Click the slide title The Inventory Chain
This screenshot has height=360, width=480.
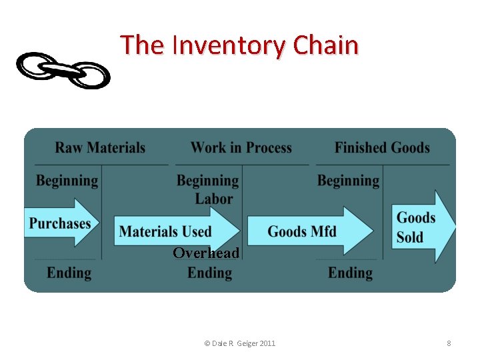(239, 45)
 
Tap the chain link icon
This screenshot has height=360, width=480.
(63, 71)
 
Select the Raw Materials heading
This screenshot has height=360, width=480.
(100, 148)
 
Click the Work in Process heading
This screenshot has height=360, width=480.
(241, 148)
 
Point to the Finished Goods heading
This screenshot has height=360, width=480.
(382, 148)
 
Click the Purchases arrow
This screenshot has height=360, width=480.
(61, 223)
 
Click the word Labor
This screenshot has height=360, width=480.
(214, 199)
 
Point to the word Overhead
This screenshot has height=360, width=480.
(206, 253)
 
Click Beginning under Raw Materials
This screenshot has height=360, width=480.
(67, 181)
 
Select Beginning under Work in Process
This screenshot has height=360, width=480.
(207, 181)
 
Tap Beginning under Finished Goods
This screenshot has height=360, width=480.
(348, 181)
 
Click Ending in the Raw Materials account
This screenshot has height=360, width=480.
(69, 273)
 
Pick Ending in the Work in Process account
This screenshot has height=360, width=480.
(210, 273)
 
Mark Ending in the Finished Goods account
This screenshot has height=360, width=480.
(351, 273)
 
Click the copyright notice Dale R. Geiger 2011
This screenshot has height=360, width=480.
(239, 343)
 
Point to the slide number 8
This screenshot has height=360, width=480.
(449, 343)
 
